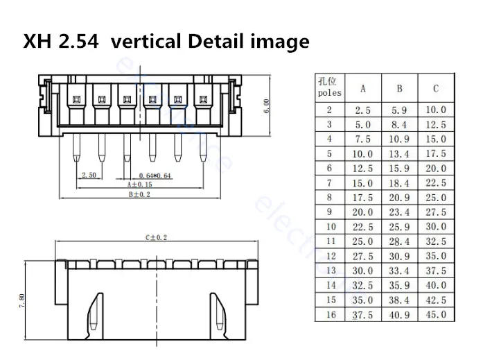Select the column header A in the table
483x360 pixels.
click(364, 88)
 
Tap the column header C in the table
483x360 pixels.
click(436, 88)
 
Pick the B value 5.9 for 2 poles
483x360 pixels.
click(400, 110)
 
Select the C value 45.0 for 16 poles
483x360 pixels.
click(436, 315)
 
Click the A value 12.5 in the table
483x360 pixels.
click(364, 169)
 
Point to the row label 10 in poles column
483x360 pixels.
click(330, 227)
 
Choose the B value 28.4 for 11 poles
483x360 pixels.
click(400, 241)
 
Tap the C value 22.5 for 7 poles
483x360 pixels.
click(436, 183)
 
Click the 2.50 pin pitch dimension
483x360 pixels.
click(89, 175)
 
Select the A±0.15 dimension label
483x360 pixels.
click(141, 185)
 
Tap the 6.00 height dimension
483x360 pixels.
click(266, 105)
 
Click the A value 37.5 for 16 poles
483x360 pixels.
click(364, 315)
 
